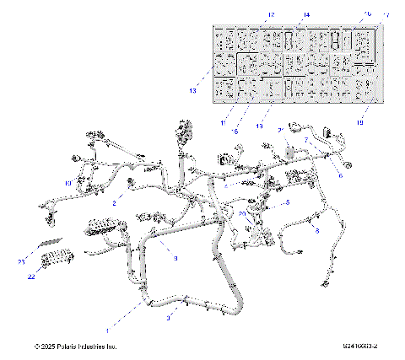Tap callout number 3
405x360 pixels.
pos(169,319)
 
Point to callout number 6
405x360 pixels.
pos(340,175)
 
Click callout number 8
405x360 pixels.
pos(316,229)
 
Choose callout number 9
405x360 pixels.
pos(175,260)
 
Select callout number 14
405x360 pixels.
pos(283,15)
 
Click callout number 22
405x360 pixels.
pos(31,277)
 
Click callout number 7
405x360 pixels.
pos(306,140)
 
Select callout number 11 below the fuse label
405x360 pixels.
pos(224,123)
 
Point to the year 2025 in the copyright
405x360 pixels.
pos(46,347)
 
